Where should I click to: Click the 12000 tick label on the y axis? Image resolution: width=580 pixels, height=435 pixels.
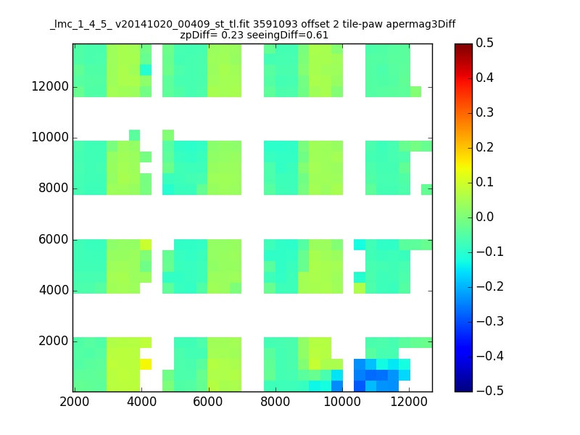click(x=50, y=86)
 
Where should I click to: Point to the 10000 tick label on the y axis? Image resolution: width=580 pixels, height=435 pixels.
click(x=50, y=137)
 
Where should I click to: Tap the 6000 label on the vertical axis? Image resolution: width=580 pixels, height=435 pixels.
click(x=53, y=239)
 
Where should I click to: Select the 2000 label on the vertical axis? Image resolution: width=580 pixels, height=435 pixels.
click(x=53, y=341)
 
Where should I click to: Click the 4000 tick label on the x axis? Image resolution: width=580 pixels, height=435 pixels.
click(x=141, y=402)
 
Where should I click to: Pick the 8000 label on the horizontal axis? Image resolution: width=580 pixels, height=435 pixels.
click(x=275, y=402)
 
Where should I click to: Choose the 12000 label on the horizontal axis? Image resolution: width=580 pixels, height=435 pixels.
click(x=409, y=402)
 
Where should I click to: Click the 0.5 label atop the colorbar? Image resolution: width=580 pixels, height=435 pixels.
click(x=484, y=43)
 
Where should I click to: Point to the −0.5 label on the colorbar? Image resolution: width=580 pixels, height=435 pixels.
click(x=490, y=391)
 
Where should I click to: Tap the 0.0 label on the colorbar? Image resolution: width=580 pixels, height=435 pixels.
click(x=484, y=217)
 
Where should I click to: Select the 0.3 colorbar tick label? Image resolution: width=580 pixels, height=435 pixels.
click(x=484, y=112)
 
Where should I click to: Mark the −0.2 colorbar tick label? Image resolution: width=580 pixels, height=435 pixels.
click(x=490, y=286)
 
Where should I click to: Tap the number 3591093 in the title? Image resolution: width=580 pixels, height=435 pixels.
click(x=275, y=24)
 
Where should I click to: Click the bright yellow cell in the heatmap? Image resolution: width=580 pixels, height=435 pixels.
click(x=146, y=364)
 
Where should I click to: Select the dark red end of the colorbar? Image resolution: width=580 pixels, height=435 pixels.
click(x=463, y=46)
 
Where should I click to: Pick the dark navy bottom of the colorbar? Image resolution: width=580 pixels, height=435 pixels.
click(x=463, y=389)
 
